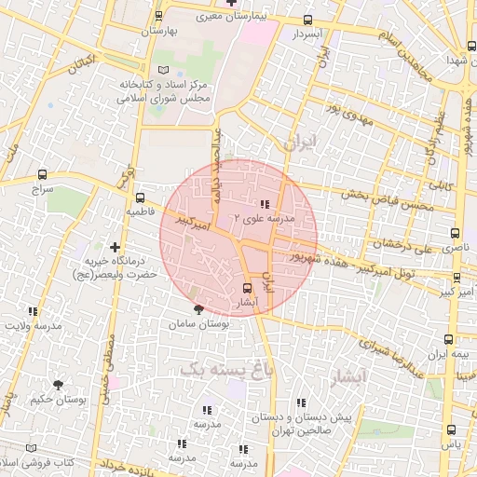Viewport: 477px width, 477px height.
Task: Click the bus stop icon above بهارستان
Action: click(159, 16)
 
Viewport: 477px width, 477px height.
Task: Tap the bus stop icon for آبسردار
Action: click(307, 20)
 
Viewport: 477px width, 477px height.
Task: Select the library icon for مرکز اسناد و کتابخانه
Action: click(165, 71)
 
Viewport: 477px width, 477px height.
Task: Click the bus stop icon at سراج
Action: click(42, 174)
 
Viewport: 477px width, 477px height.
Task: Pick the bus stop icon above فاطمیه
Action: click(140, 198)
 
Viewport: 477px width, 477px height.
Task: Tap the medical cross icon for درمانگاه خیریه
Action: click(115, 247)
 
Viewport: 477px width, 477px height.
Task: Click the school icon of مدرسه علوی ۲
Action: click(265, 204)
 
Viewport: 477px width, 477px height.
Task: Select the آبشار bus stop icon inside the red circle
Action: click(247, 288)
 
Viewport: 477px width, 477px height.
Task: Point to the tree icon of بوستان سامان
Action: click(198, 308)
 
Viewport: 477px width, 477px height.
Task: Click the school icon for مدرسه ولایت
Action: click(34, 311)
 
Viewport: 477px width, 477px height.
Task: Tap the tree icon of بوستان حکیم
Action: click(59, 384)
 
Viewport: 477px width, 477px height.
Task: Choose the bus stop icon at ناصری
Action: click(455, 233)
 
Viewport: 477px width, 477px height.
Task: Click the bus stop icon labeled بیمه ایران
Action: click(449, 340)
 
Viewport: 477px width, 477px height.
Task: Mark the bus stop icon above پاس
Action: click(452, 429)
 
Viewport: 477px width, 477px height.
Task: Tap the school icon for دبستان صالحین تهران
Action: click(300, 402)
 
